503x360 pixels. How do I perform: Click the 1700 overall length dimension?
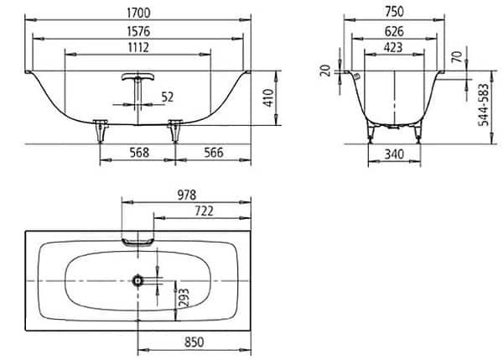click(138, 13)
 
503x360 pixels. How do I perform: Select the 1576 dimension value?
click(138, 32)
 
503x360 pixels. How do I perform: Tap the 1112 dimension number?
click(138, 48)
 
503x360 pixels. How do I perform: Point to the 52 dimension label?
click(167, 97)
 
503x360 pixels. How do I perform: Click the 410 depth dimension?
click(268, 98)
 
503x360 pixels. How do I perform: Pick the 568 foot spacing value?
click(139, 153)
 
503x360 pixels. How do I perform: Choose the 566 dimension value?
click(213, 153)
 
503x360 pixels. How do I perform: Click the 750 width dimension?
click(394, 12)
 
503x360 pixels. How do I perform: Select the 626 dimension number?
click(394, 32)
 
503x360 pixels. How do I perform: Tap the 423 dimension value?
click(393, 48)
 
